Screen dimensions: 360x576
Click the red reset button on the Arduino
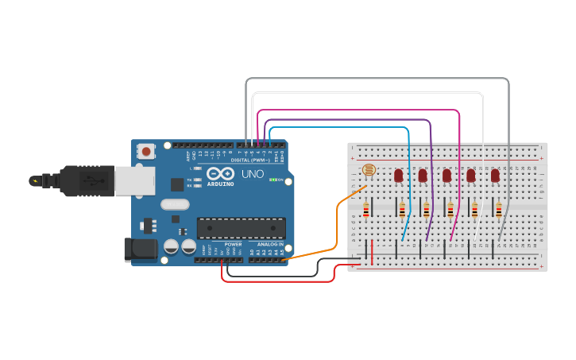point(146,151)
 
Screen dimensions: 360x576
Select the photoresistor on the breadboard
point(369,170)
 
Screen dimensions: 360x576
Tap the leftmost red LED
point(399,175)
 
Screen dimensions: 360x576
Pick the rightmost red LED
point(495,175)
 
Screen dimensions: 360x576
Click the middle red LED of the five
point(446,175)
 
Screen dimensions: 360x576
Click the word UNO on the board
point(253,174)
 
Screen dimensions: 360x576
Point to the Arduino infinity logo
point(220,173)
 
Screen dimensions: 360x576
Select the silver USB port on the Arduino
point(134,181)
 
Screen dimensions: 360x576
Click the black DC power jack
point(141,250)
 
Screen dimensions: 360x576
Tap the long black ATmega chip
point(241,228)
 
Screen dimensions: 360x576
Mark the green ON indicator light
point(273,180)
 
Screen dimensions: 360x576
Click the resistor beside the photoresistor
point(366,210)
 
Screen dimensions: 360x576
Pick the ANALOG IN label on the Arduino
point(269,244)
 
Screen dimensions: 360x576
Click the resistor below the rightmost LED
point(499,210)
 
